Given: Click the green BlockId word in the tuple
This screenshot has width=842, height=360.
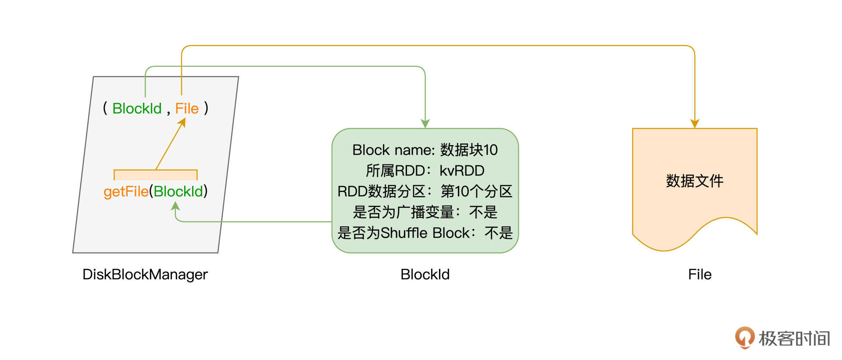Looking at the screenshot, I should point(137,108).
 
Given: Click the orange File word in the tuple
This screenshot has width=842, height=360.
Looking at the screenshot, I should point(187,108).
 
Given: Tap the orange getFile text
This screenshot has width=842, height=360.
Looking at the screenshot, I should point(126,192).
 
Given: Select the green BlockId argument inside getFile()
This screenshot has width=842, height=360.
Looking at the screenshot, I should point(178,192).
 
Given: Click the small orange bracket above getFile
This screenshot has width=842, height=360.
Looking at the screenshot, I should point(156,175).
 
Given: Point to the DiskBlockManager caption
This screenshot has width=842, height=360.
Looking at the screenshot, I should point(145,274).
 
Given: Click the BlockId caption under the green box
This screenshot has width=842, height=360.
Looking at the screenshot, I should point(425,274).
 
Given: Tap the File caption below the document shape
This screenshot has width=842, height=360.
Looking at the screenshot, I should point(699,274).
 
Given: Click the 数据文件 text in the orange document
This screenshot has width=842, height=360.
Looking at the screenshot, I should point(694,181).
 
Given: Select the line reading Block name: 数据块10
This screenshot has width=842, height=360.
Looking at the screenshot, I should point(425,150).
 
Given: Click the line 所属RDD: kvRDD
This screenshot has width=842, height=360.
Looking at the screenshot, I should point(425,171).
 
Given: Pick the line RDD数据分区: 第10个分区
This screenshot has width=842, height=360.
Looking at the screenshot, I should point(425,191).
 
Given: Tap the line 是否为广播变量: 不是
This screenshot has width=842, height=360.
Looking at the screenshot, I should point(425,212).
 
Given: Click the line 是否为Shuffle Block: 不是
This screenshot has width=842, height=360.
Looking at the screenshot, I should point(425,233).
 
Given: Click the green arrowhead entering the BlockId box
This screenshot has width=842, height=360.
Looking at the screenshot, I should point(425,124).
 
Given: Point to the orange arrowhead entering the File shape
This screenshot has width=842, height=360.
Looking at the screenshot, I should point(695,124).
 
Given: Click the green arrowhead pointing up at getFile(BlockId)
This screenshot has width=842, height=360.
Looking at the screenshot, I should point(175,206).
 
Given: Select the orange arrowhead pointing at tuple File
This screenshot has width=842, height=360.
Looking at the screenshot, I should point(182,122).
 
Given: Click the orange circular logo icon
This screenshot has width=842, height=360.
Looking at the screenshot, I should point(744,337).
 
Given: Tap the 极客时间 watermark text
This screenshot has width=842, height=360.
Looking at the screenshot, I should point(794,339).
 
